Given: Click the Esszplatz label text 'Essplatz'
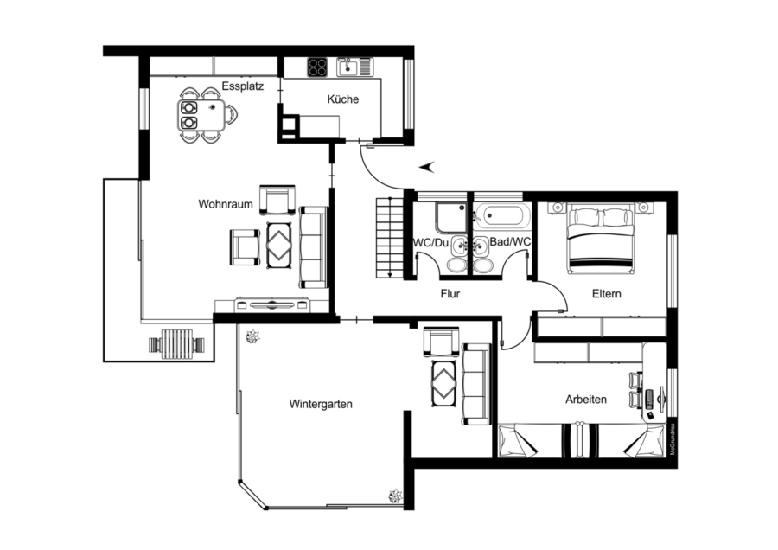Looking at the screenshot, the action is coord(243,86).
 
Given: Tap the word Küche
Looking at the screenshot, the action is coord(343,99).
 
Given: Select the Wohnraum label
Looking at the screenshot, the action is coord(226,204).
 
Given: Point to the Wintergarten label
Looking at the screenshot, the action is coord(321,404).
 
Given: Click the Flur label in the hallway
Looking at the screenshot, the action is coord(450,294).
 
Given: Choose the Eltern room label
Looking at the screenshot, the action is coord(607,294).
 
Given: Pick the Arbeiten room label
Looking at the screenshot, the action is coord(586,400).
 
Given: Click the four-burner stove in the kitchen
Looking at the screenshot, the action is coord(317,67).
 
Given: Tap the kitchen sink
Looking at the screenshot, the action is coord(354,67).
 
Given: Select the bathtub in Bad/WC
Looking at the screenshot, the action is coord(502,216).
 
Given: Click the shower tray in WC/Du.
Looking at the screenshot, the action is coord(451,218).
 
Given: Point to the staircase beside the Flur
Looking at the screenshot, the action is coord(391,237).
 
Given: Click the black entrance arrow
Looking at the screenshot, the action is coord(427,167).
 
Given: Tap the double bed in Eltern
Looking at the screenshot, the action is coord(601,239).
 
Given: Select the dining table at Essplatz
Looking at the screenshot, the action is coord(201,115).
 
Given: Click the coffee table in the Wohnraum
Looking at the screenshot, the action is coord(279,246).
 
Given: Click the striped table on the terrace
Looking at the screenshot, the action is coord(177,344).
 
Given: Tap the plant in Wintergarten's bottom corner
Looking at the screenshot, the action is coord(395,496).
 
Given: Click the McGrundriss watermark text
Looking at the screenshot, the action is coord(673,439).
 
